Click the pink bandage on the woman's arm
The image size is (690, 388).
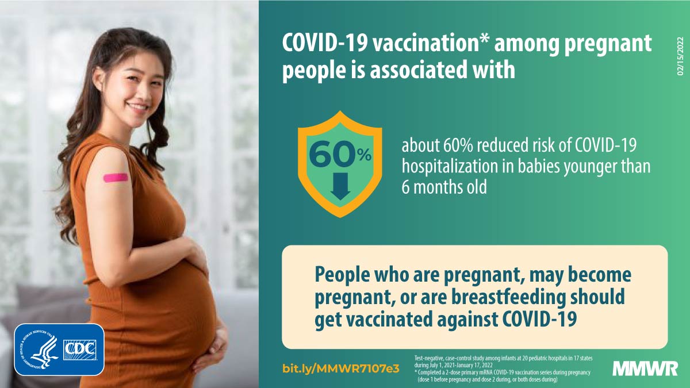116,178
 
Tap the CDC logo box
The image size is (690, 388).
79,350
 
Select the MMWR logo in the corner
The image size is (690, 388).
645,368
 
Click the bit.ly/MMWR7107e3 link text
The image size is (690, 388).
340,368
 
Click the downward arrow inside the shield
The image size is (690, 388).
340,186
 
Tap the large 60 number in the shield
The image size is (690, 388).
332,154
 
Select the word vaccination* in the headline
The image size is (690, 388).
430,44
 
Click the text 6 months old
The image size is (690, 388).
444,187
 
